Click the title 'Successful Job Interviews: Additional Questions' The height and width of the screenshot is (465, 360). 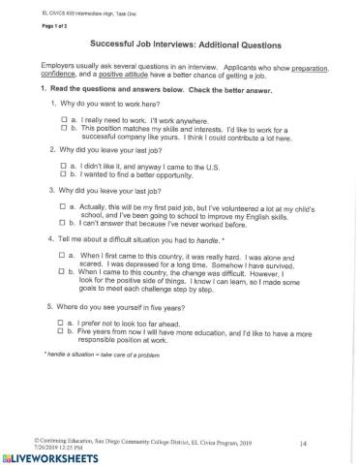[x=185, y=45]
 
